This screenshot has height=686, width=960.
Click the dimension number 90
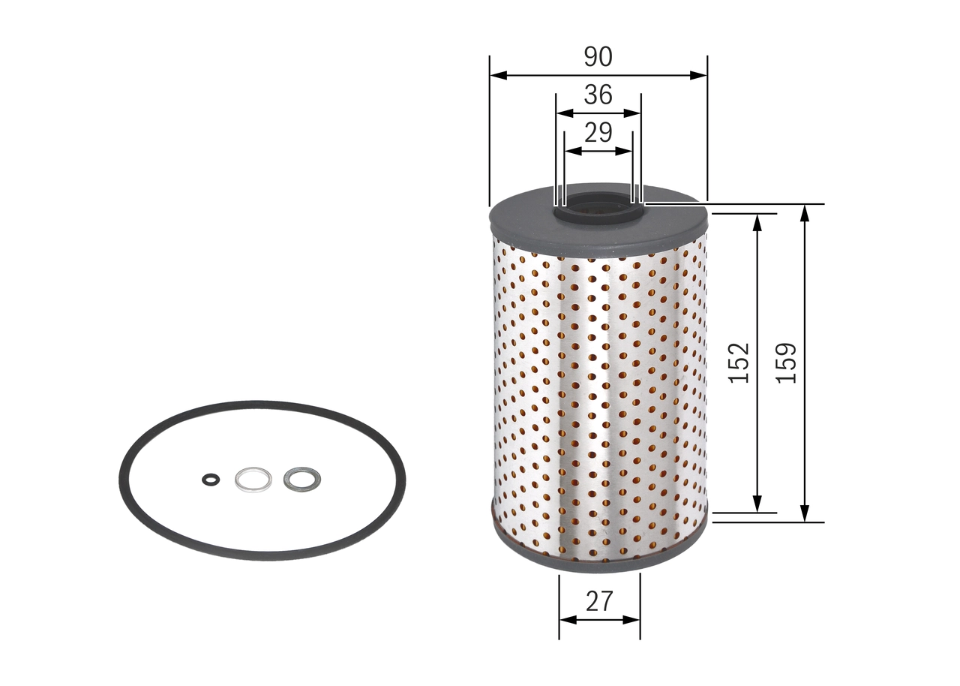(598, 56)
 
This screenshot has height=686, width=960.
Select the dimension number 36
(598, 95)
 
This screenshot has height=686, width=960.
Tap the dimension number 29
(598, 133)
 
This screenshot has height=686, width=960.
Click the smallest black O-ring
(211, 479)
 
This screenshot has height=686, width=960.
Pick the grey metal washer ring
(299, 478)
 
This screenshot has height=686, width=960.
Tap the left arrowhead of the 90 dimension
(496, 75)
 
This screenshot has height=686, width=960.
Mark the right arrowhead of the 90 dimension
(700, 75)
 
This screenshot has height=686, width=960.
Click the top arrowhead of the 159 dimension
(804, 212)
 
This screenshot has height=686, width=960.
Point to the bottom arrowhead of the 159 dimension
(804, 514)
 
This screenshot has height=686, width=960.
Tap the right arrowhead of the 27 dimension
(634, 620)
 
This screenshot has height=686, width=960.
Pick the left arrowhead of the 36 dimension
(562, 113)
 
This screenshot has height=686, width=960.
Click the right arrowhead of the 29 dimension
(626, 150)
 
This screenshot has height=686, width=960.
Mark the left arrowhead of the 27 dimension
(566, 620)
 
